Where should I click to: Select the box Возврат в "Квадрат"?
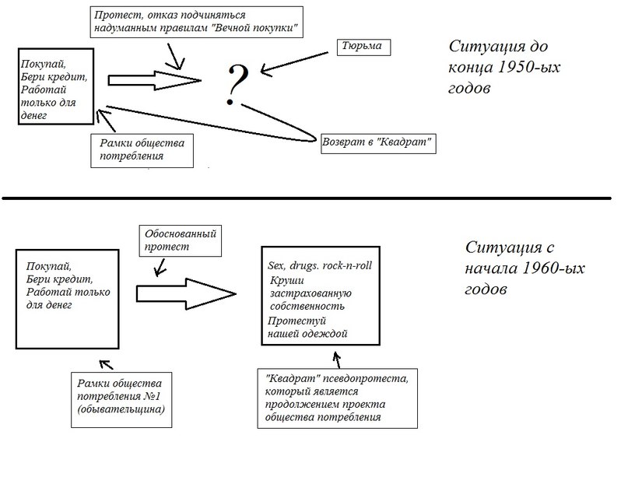pyautogui.click(x=377, y=143)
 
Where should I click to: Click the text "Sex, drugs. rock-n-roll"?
pyautogui.click(x=319, y=266)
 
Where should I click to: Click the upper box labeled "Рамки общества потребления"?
pyautogui.click(x=140, y=149)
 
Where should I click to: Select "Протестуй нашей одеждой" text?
pyautogui.click(x=307, y=327)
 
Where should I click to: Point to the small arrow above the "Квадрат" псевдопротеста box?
pyautogui.click(x=336, y=359)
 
